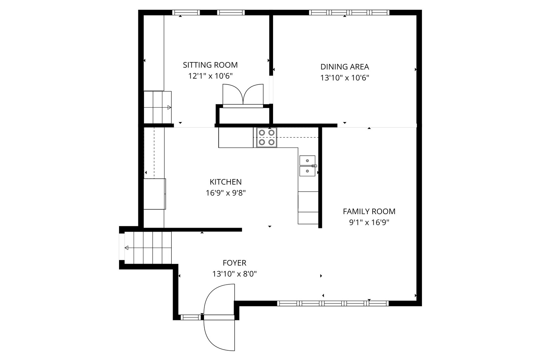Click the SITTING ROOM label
(x=210, y=65)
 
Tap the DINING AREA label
(x=345, y=67)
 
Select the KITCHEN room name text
(x=226, y=182)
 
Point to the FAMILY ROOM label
(x=369, y=212)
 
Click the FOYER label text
(x=235, y=263)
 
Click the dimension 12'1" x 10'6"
(x=210, y=76)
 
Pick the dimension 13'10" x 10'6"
(x=345, y=78)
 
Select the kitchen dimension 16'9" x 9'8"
(x=226, y=193)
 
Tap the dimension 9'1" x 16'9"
(x=369, y=222)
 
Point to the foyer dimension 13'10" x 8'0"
(x=235, y=274)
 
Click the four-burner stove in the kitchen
(x=267, y=137)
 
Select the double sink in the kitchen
(x=307, y=166)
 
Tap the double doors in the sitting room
(x=243, y=96)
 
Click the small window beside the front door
(x=191, y=318)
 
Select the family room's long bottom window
(x=333, y=304)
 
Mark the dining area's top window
(x=349, y=13)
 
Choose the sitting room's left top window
(x=186, y=13)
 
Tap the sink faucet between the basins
(x=314, y=166)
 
